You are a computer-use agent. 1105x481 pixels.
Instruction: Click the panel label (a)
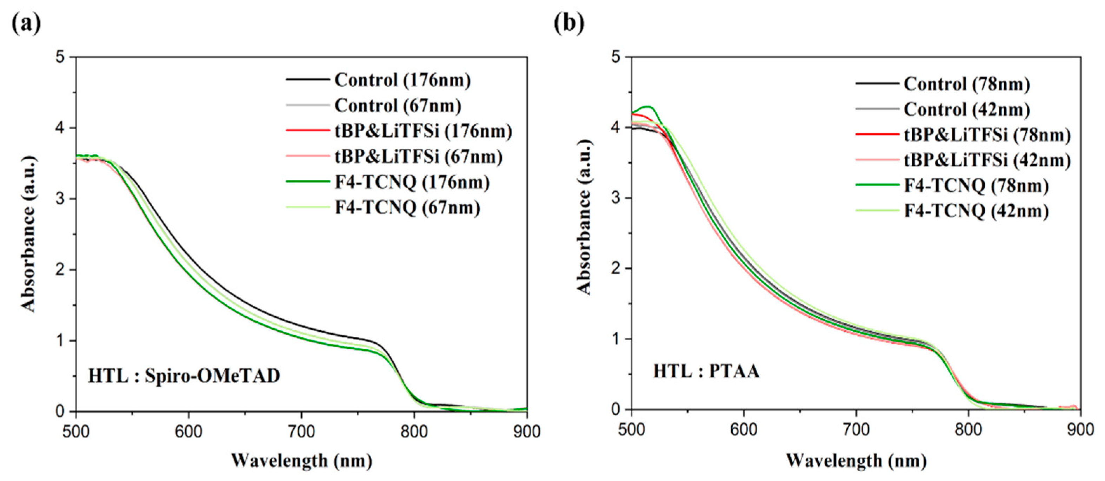coord(26,23)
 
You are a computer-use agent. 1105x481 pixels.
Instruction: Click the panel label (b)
coord(569,23)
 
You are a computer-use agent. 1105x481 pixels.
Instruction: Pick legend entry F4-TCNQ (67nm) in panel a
coord(407,208)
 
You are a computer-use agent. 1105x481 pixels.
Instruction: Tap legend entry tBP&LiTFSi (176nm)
coord(423,131)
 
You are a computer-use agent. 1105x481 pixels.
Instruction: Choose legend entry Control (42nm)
coord(966,110)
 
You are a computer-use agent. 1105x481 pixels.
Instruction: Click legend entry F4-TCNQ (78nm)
coord(976,186)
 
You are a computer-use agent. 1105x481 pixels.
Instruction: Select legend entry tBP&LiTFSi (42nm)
coord(987,160)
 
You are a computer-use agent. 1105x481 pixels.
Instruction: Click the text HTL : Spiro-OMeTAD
coord(184,376)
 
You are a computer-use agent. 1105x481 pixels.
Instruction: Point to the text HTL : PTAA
coord(706,371)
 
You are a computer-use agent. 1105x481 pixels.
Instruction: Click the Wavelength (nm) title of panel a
coord(301,461)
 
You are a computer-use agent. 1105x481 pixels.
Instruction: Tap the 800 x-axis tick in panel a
coord(414,431)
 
